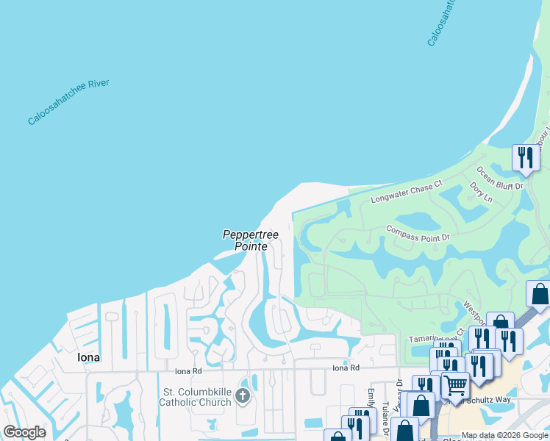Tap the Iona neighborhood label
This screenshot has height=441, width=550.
click(87, 357)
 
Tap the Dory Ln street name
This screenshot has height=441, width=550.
click(481, 193)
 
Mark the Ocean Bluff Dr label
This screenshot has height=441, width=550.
click(500, 176)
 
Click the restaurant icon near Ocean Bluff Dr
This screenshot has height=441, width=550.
click(526, 157)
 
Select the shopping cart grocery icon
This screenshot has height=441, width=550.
click(455, 385)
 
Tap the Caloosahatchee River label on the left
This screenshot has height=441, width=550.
click(68, 102)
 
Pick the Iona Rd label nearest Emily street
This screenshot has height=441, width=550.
click(346, 367)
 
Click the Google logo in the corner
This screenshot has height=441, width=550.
click(25, 432)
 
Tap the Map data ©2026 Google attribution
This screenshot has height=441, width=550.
click(504, 435)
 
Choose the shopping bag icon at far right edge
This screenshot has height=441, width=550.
click(540, 294)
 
